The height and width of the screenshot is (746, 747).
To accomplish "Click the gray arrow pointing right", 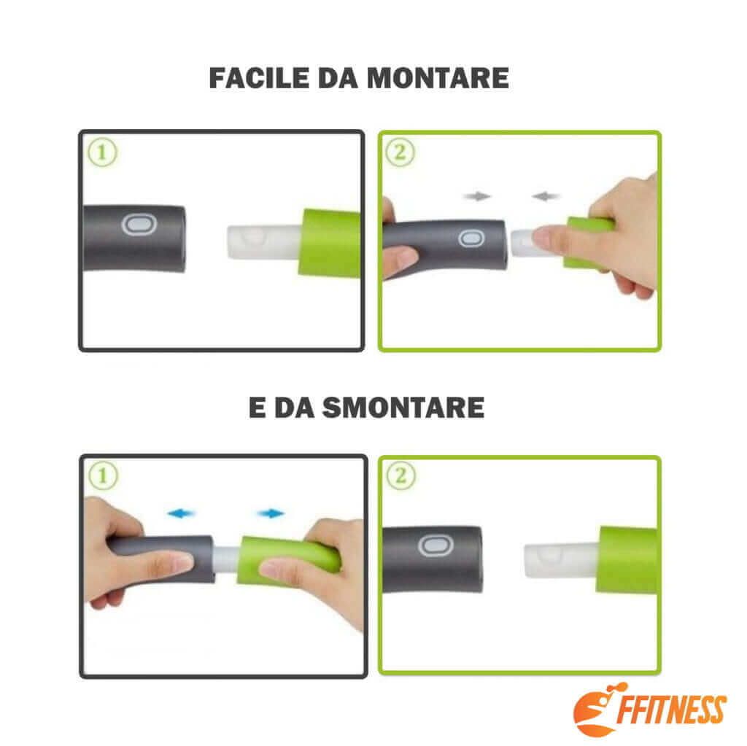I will pyautogui.click(x=479, y=196).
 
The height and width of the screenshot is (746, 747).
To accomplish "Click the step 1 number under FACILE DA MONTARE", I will pyautogui.click(x=103, y=153).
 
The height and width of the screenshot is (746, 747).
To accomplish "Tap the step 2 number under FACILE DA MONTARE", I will pyautogui.click(x=403, y=153).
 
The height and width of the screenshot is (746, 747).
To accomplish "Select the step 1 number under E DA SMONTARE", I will pyautogui.click(x=103, y=477).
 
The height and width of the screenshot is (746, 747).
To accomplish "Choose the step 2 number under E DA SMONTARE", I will pyautogui.click(x=403, y=477).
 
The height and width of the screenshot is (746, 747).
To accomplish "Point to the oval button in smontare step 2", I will pyautogui.click(x=432, y=546).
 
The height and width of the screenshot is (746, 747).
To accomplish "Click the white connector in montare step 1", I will pyautogui.click(x=261, y=243).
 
